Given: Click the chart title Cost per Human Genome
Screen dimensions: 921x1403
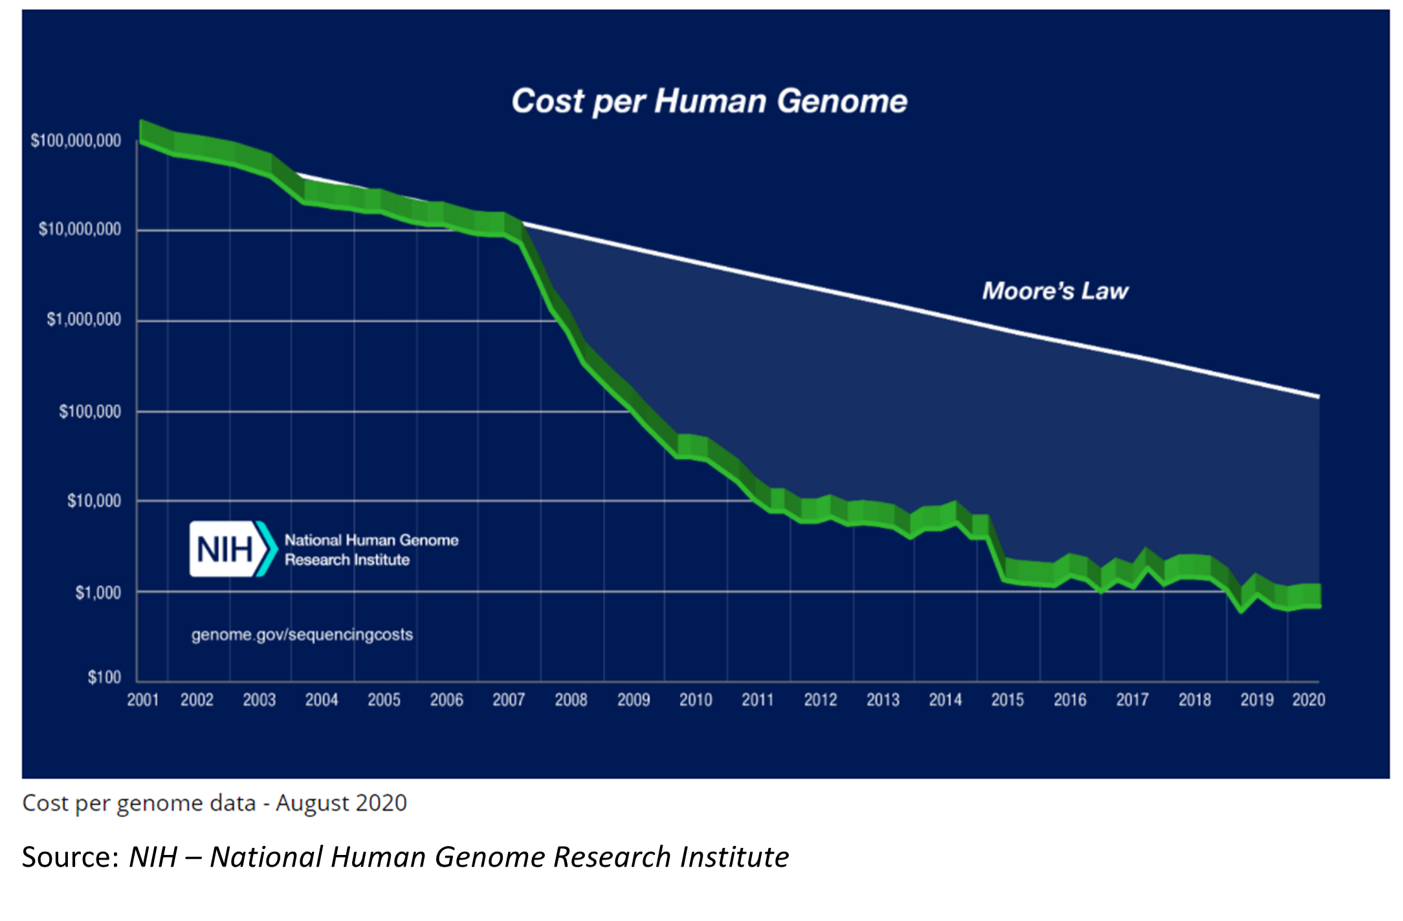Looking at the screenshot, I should click(x=709, y=102).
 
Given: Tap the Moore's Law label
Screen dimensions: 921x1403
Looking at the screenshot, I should click(x=1055, y=291).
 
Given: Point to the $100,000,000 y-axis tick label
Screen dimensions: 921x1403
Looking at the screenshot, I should click(x=76, y=140).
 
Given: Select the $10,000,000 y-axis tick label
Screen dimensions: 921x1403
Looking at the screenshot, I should click(x=80, y=229).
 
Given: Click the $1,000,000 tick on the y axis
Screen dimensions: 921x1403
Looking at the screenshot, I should click(x=83, y=320).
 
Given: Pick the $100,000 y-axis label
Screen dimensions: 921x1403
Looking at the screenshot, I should click(x=90, y=412).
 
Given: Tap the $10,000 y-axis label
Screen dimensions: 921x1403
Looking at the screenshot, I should click(x=94, y=501).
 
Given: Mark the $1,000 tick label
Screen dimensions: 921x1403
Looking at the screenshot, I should click(x=98, y=593).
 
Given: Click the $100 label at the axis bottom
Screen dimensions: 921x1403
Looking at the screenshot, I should click(x=104, y=678).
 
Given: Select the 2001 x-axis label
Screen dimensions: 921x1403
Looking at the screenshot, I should click(x=143, y=700).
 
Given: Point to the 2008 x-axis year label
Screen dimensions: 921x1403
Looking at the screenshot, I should click(x=571, y=700).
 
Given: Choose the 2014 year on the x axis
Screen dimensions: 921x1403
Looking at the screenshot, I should click(x=945, y=700).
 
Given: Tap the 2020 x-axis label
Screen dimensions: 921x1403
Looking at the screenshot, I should click(x=1309, y=700).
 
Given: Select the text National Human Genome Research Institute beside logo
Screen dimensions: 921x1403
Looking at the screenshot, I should click(x=371, y=549).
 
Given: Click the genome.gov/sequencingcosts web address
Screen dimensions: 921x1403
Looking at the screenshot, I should click(x=302, y=635).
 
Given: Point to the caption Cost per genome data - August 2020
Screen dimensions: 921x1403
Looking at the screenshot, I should click(x=214, y=803).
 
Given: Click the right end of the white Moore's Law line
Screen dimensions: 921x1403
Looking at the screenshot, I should click(x=1318, y=397).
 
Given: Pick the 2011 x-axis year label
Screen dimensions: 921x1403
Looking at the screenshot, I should click(x=758, y=700).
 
